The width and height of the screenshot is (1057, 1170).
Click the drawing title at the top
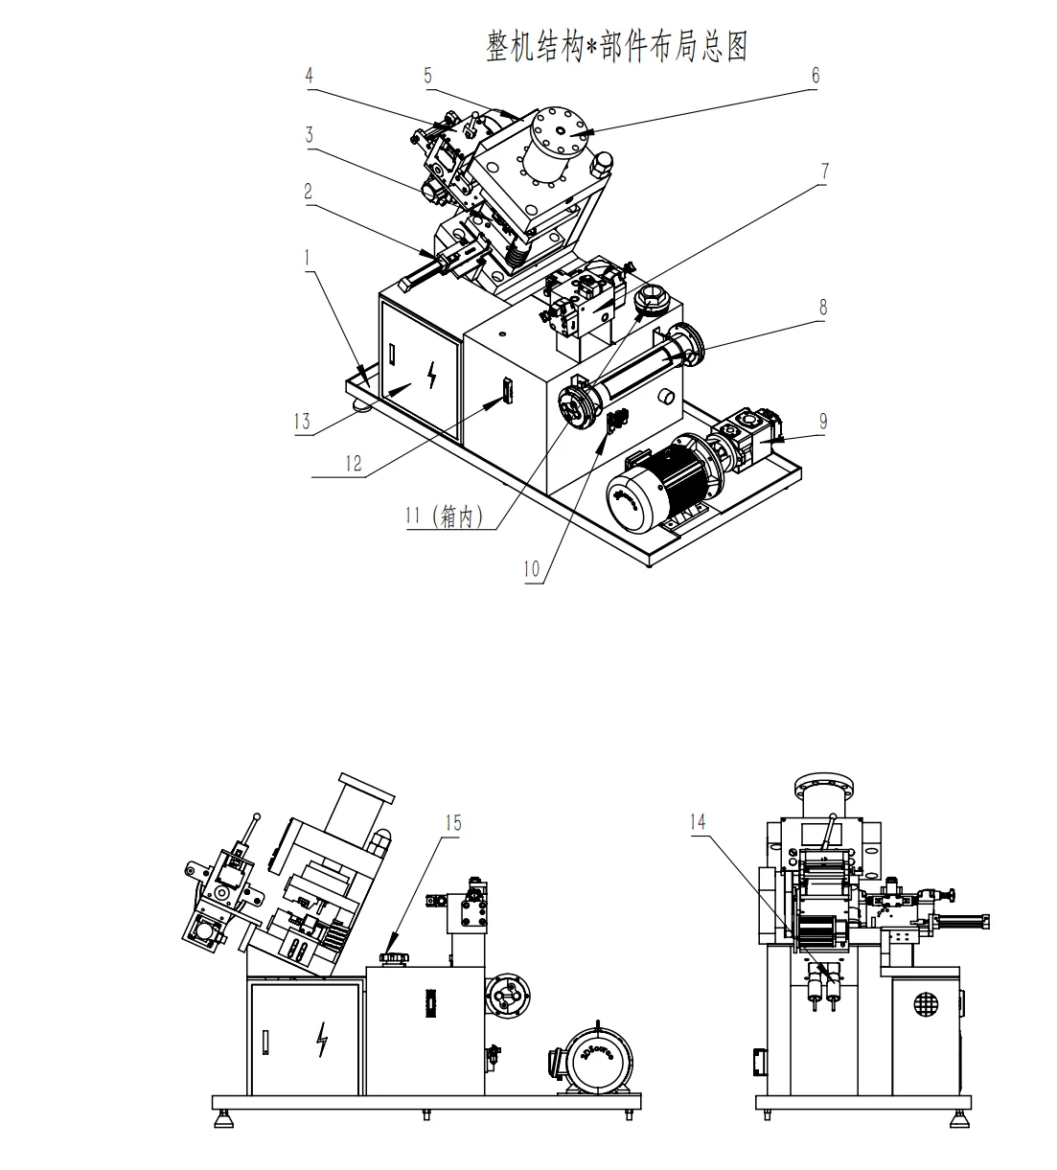click(x=616, y=46)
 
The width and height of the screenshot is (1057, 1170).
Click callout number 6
click(x=816, y=76)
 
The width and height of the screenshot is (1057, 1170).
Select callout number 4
click(x=310, y=75)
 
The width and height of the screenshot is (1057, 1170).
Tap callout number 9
click(x=823, y=421)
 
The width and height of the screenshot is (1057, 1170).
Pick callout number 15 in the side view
click(x=454, y=822)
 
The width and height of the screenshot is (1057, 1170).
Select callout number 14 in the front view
click(x=698, y=820)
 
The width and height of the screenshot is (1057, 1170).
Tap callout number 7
click(x=823, y=172)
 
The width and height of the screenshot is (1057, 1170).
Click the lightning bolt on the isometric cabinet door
click(x=431, y=376)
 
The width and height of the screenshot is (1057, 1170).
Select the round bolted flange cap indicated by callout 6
click(x=563, y=137)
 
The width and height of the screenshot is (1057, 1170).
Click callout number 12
click(x=354, y=463)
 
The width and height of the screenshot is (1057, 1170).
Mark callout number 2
click(x=309, y=192)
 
